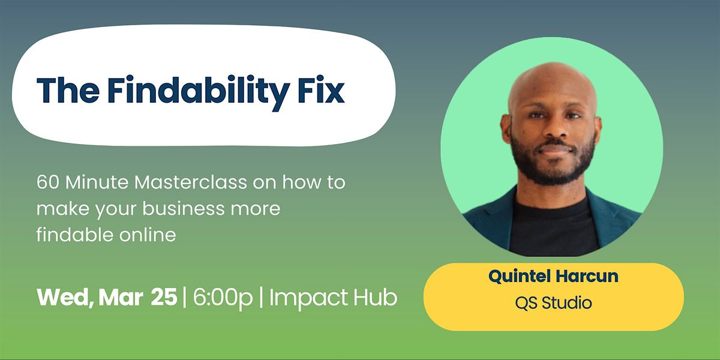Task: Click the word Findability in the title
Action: pos(199,91)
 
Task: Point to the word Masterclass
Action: pos(191,182)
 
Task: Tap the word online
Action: pos(148,235)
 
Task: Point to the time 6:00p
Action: pos(223,298)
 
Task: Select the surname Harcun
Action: pos(587,276)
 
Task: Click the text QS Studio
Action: pos(553,303)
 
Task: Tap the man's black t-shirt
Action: pos(553,228)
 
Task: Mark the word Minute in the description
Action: pos(97,182)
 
